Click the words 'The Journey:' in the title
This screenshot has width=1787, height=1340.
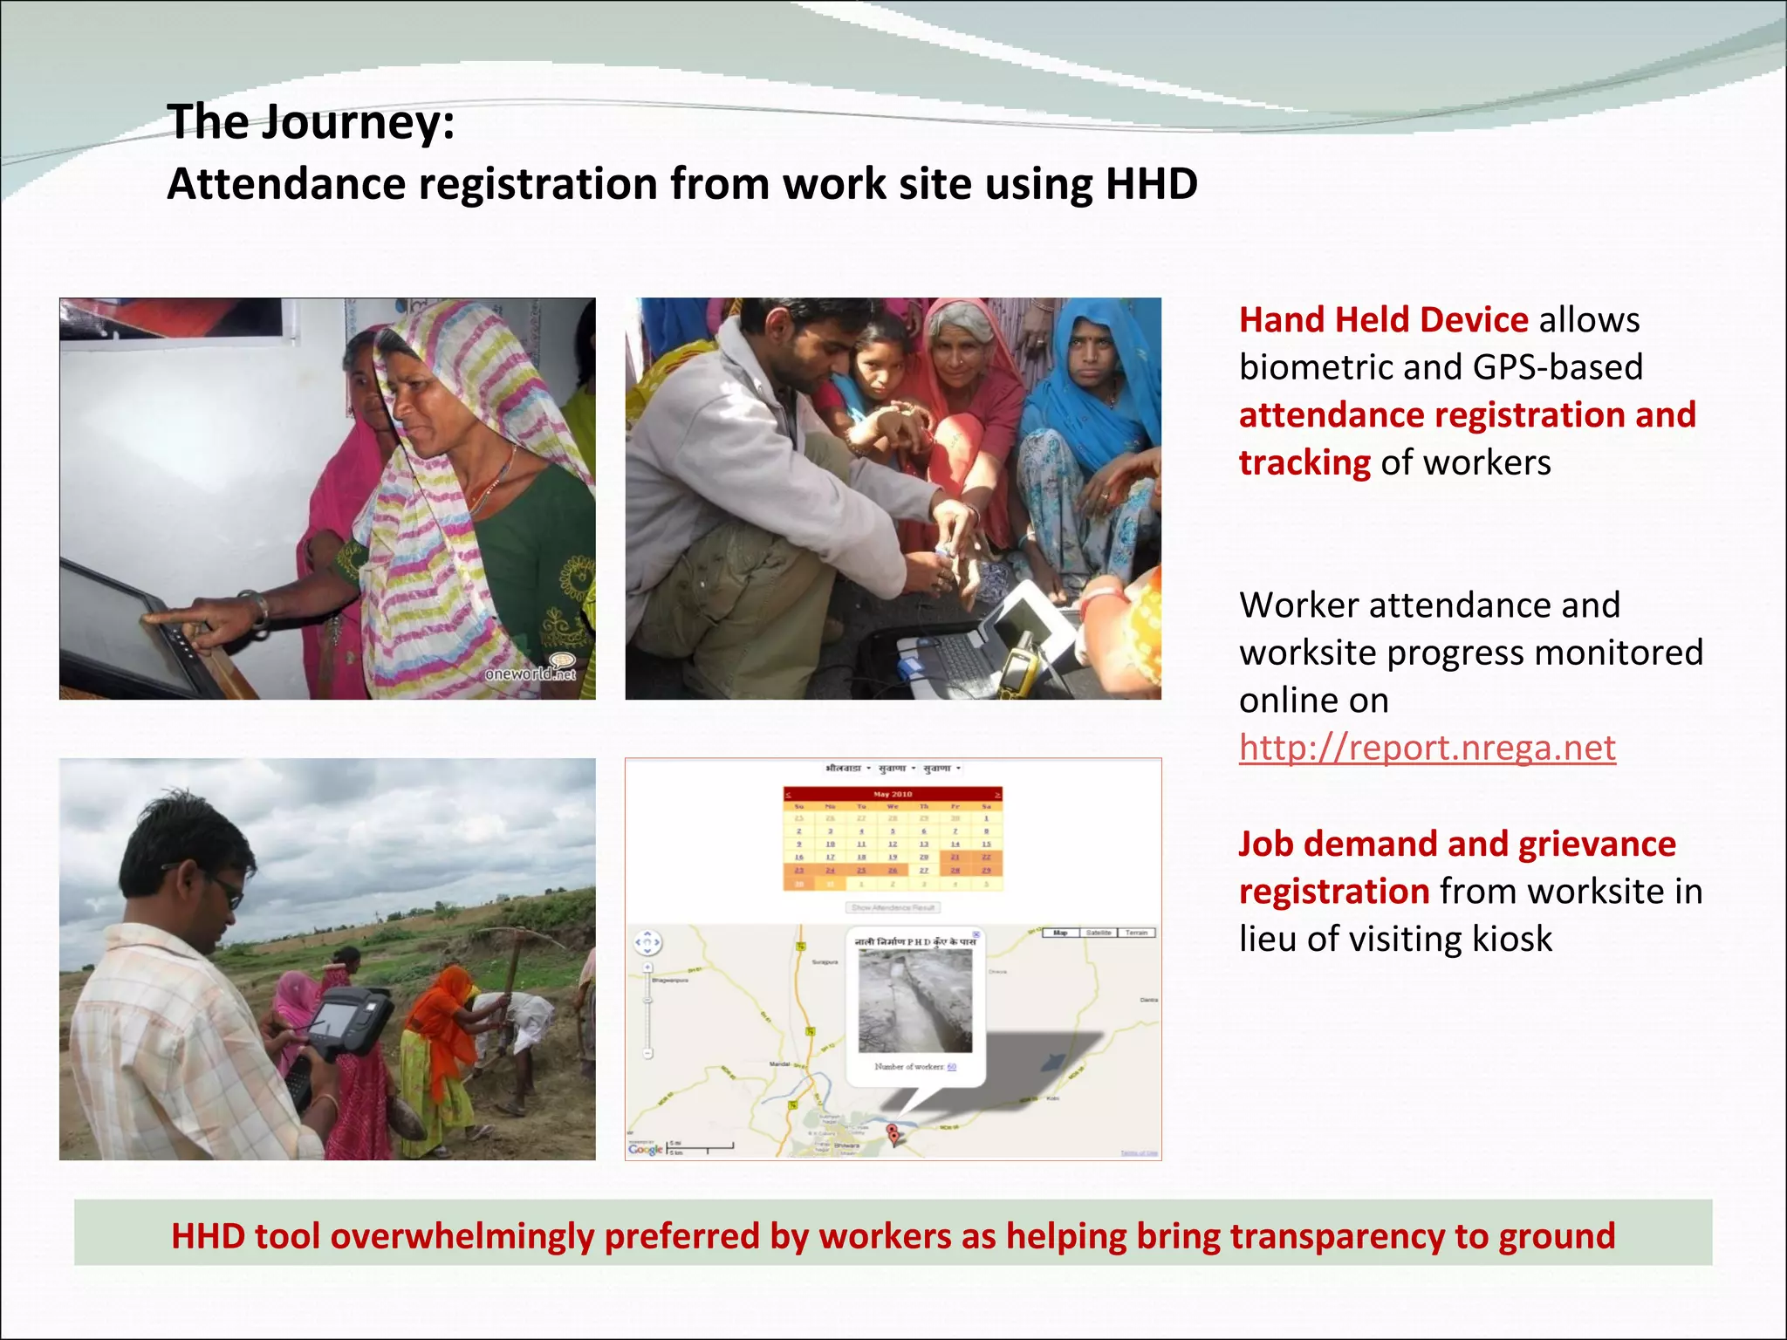311,121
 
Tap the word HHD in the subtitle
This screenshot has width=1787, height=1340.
1151,184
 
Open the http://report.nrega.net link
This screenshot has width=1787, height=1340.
1427,748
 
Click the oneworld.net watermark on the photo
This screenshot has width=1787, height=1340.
531,673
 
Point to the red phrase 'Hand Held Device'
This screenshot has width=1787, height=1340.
1383,320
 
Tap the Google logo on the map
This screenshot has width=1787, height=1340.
645,1149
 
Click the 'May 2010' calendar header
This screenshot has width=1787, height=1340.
893,794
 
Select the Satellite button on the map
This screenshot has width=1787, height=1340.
1099,933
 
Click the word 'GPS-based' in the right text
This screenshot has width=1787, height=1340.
1557,367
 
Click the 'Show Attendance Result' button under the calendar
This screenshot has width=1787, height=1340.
893,907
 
